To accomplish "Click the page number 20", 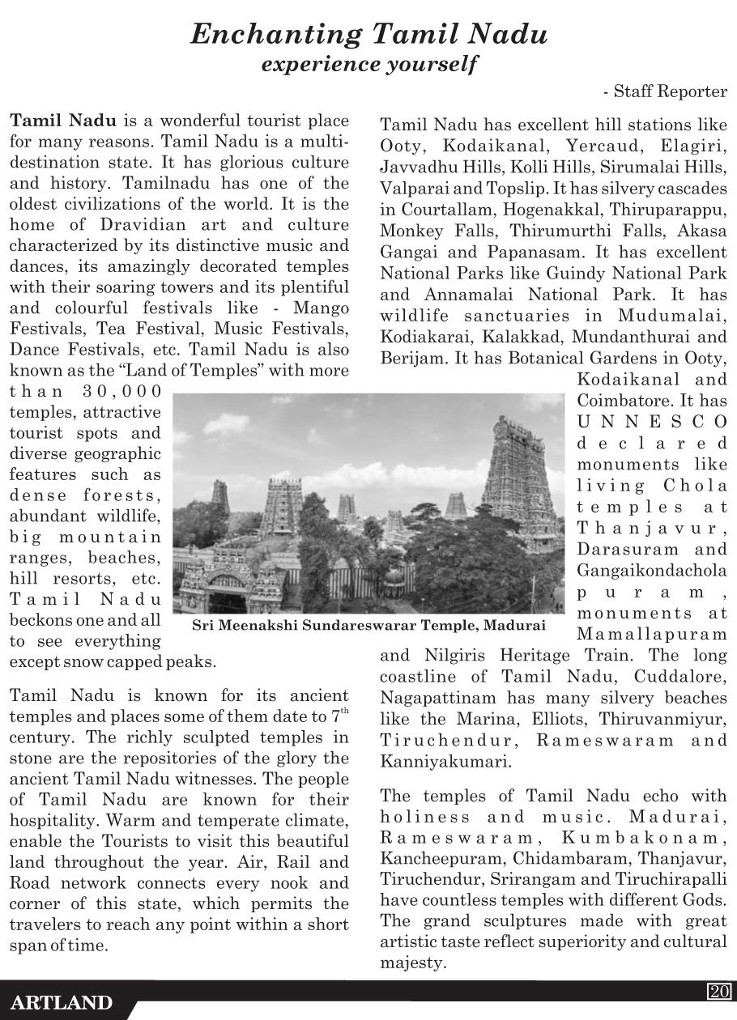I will point(719,991).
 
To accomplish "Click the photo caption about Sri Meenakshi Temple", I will point(368,625).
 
